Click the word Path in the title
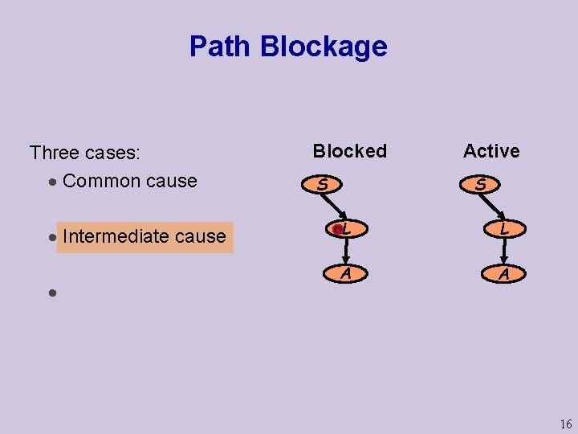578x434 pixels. coord(221,47)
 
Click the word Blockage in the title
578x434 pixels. coord(324,47)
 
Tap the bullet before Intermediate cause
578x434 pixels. coord(51,238)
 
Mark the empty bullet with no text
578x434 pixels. coord(51,293)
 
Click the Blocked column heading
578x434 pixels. coord(349,151)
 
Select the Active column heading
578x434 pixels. coord(491,151)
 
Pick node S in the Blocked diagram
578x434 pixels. coord(322,185)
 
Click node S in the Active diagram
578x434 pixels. coord(480,185)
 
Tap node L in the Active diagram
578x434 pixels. coord(503,229)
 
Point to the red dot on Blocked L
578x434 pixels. coord(338,230)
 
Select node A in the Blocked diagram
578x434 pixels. coord(345,273)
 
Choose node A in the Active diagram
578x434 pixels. coord(503,273)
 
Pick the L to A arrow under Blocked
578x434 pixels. coord(345,252)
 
